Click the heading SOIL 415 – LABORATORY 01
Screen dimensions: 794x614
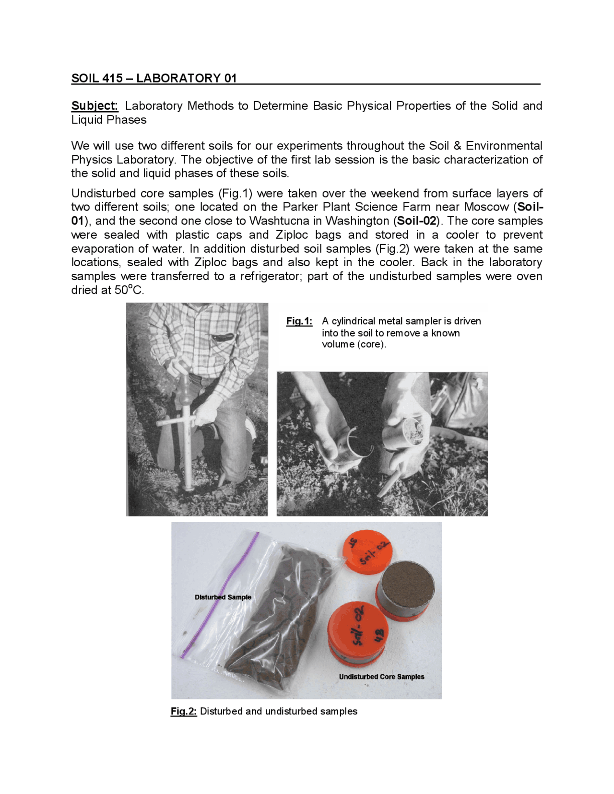[x=154, y=78]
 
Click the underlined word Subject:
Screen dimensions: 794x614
[x=94, y=105]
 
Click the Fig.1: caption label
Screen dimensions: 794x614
[x=299, y=321]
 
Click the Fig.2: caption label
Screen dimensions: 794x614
[x=184, y=711]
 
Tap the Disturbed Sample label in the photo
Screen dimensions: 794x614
[x=223, y=597]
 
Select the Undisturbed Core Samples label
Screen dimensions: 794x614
[x=381, y=677]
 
